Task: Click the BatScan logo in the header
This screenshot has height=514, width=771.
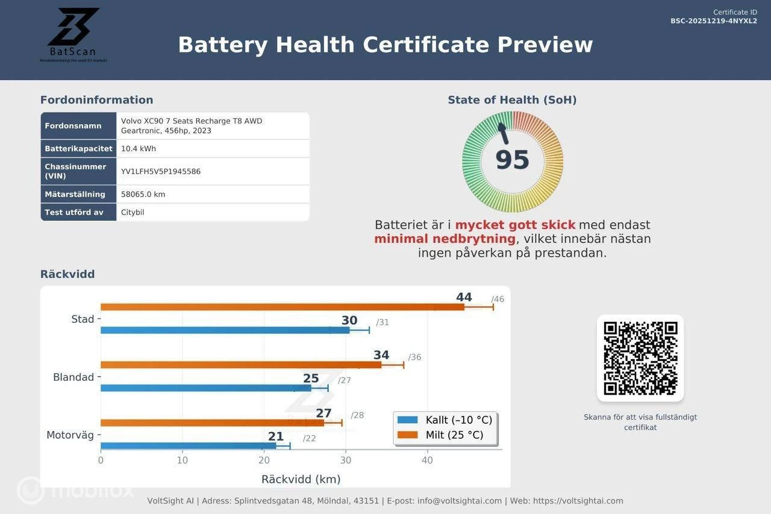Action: (x=73, y=35)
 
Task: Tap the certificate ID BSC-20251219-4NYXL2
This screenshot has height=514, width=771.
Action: (x=714, y=21)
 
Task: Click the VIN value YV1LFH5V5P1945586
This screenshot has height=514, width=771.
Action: (x=161, y=172)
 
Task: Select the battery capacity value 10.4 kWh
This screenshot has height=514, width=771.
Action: (x=139, y=149)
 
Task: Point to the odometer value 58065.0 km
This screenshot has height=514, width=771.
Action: (x=143, y=195)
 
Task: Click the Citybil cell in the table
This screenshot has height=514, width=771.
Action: (x=133, y=213)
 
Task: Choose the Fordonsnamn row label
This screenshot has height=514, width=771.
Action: (x=73, y=126)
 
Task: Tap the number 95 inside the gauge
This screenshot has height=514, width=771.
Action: (x=512, y=160)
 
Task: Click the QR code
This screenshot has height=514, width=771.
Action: (x=640, y=358)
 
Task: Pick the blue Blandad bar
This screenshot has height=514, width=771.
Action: (x=205, y=388)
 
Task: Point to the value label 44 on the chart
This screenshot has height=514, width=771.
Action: (x=464, y=297)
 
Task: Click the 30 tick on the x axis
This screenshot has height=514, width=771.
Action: (x=346, y=460)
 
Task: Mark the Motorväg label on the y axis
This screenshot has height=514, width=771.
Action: (x=70, y=435)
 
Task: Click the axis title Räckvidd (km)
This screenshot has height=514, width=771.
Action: (x=301, y=480)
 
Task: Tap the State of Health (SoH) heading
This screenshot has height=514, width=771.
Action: (x=512, y=100)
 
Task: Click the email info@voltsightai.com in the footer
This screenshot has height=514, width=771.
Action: (x=460, y=501)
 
